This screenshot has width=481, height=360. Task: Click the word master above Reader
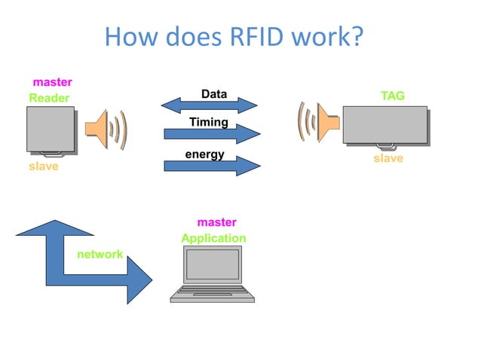coord(52,82)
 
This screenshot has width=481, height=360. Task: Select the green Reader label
coord(49,98)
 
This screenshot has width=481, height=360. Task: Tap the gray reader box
coord(51,129)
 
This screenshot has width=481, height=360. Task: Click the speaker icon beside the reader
coord(105,129)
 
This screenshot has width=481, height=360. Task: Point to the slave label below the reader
coord(43,166)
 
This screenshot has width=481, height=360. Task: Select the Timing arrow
coord(211,135)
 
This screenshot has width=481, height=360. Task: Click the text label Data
coord(214,94)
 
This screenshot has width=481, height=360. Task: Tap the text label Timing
coord(209,122)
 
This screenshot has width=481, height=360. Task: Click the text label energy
coord(205,154)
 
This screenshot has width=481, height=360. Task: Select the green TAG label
coord(393,96)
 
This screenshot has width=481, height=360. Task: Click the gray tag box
coord(384,124)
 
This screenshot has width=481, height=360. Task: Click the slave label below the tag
coord(388,159)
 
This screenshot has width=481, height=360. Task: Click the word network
coord(100,255)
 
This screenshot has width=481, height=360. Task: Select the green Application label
coord(213,238)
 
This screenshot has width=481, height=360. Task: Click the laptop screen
coord(213,265)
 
